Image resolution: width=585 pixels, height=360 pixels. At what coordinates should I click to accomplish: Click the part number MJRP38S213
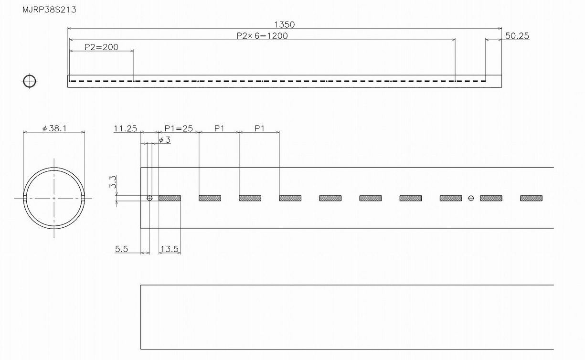(x=49, y=10)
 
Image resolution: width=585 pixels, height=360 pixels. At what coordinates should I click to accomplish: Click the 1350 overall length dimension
(x=285, y=24)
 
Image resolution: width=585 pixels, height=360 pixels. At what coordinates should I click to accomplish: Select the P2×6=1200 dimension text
(x=262, y=36)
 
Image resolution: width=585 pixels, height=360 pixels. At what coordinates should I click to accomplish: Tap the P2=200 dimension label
(x=101, y=47)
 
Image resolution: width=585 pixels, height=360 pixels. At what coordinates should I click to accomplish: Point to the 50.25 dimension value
(x=517, y=36)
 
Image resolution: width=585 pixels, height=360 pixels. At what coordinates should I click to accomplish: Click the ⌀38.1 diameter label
(x=54, y=128)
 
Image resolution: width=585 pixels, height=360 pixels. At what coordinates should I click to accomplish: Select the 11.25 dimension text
(x=125, y=128)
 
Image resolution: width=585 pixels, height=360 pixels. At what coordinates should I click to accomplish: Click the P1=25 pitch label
(x=179, y=128)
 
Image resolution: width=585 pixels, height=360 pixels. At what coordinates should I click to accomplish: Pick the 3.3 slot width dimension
(x=113, y=182)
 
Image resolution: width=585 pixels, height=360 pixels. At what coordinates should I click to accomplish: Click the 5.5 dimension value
(x=122, y=249)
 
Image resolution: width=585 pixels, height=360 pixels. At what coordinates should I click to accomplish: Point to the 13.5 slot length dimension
(x=170, y=249)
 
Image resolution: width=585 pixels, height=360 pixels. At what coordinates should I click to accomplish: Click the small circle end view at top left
(x=29, y=81)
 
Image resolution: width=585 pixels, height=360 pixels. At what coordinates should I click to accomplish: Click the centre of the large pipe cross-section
(x=54, y=198)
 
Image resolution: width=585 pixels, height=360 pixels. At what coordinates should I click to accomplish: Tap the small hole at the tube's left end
(x=149, y=198)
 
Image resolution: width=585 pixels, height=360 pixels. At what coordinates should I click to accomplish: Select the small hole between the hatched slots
(x=471, y=198)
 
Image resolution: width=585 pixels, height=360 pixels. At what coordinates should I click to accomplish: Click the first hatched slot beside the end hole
(x=170, y=198)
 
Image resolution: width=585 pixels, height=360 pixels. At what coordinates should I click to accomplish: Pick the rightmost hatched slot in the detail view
(x=531, y=198)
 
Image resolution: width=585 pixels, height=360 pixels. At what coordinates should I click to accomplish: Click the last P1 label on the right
(x=259, y=128)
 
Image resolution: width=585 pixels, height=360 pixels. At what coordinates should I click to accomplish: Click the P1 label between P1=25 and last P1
(x=219, y=128)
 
